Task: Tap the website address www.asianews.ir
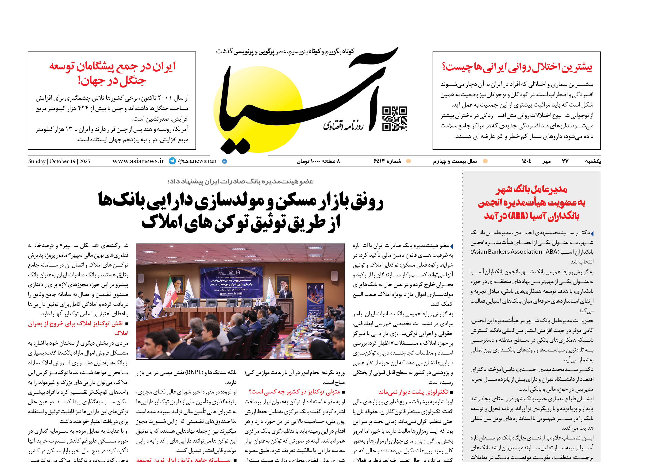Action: point(138,161)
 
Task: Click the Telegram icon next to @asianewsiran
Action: point(172,161)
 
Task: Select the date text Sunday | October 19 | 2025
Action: point(59,161)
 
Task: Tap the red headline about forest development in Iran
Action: point(112,73)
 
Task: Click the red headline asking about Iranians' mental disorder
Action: point(517,67)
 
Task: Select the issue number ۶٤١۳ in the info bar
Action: point(387,161)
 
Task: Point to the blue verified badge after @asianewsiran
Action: point(224,161)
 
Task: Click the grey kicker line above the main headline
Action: point(241,181)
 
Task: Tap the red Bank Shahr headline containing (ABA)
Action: point(531,202)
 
